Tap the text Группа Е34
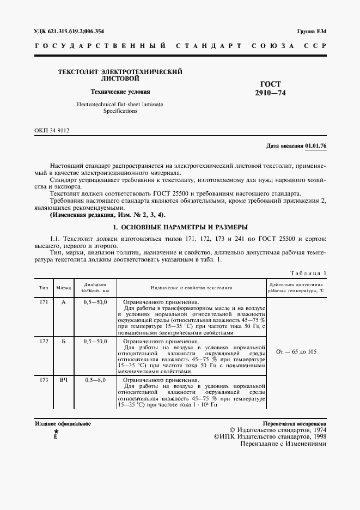[311, 31]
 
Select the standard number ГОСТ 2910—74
[270, 89]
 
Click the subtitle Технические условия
[120, 92]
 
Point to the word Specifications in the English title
[120, 111]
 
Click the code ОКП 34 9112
[52, 131]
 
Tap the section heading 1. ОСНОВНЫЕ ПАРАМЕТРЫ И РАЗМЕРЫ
[180, 227]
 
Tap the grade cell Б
[64, 341]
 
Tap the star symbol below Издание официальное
[56, 431]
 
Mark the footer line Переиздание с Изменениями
[283, 444]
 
